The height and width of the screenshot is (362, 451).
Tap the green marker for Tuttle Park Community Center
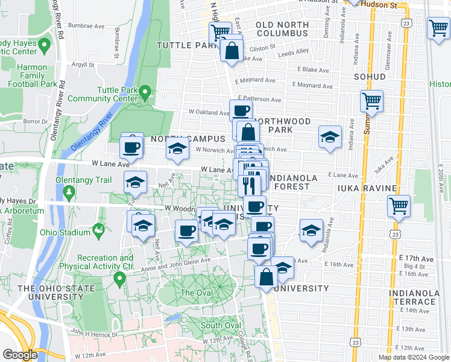pyautogui.click(x=145, y=94)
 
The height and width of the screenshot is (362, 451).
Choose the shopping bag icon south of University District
pyautogui.click(x=266, y=277)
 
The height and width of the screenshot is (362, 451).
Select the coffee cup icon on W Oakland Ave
pyautogui.click(x=241, y=111)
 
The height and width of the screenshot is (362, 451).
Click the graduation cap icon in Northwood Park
pyautogui.click(x=330, y=137)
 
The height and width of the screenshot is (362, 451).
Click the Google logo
pyautogui.click(x=19, y=355)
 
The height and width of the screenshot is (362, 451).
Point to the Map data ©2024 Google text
pyautogui.click(x=414, y=357)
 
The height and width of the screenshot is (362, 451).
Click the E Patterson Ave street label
pyautogui.click(x=259, y=99)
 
